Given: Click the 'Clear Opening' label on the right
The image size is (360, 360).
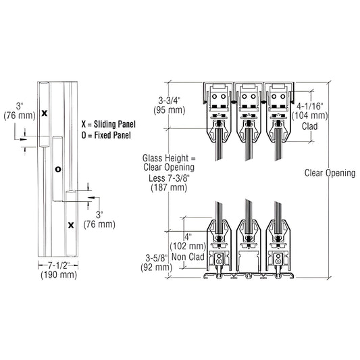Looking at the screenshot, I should coord(330,174).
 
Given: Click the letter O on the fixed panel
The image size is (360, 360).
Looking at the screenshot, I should coord(58,169).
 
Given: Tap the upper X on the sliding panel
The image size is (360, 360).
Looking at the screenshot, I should coord(45,113).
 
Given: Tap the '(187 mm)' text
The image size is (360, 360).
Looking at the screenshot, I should coord(168,188).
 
